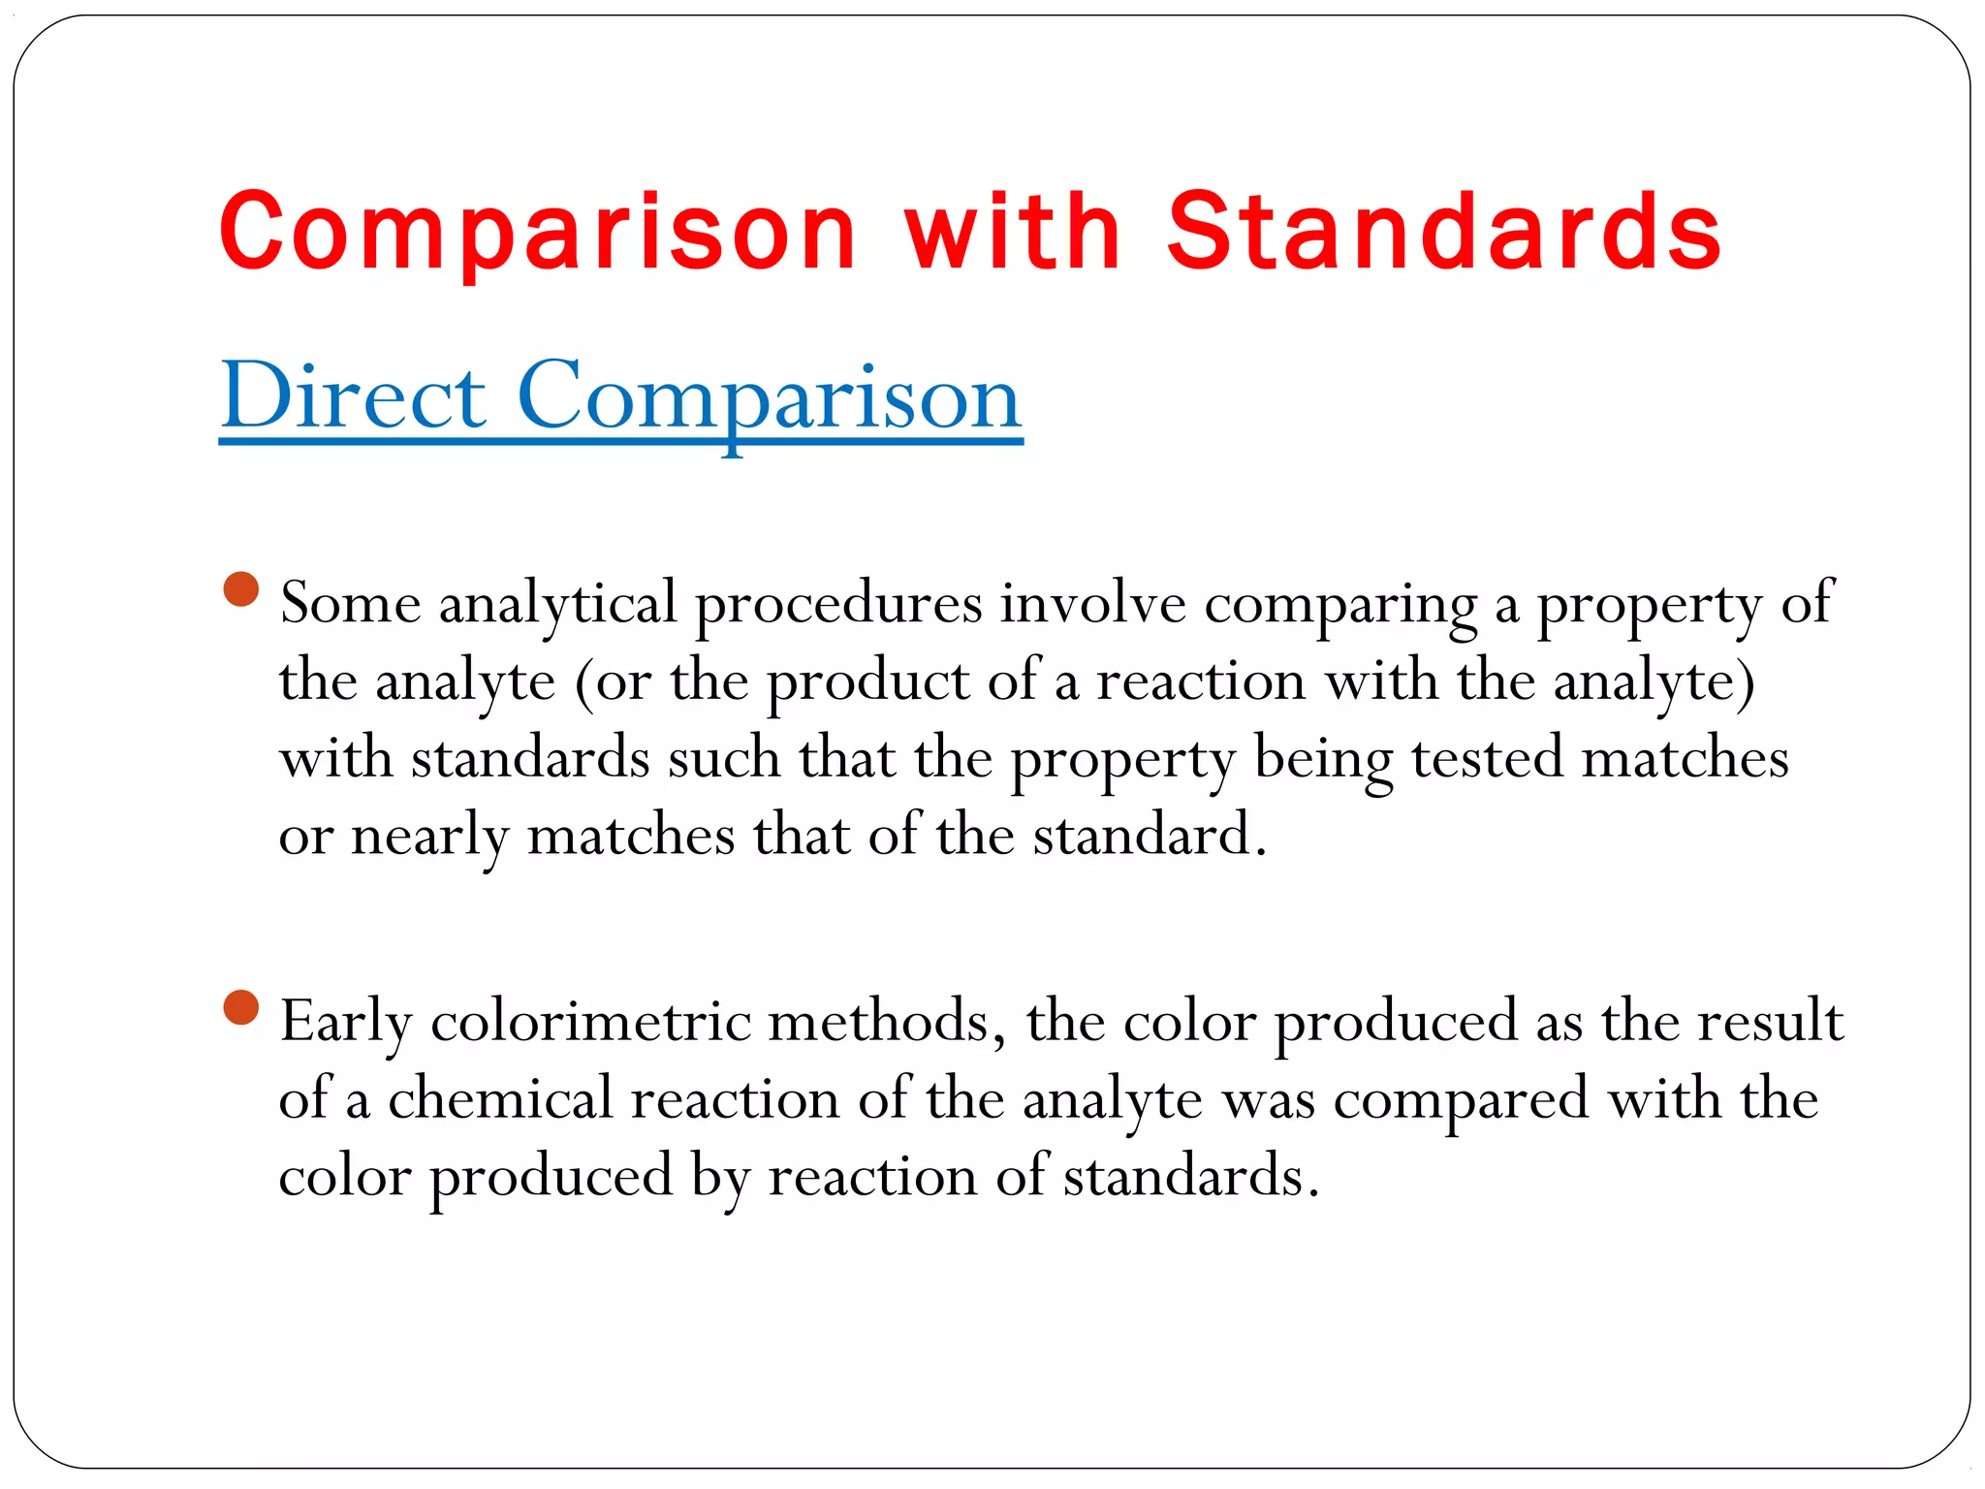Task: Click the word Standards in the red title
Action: (x=1444, y=233)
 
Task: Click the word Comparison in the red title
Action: (x=539, y=233)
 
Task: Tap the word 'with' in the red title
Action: (x=1013, y=233)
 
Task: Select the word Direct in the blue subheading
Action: (x=353, y=396)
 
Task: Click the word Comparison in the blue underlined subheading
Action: (x=770, y=396)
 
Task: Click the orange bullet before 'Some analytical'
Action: (x=240, y=588)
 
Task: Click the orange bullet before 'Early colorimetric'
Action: (x=240, y=1007)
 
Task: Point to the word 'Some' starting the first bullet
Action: (x=350, y=604)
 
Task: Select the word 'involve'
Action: (x=1092, y=604)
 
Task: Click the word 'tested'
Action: (x=1487, y=758)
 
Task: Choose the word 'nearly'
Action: (x=429, y=837)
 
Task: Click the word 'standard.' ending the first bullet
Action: (x=1150, y=835)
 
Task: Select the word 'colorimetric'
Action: (x=590, y=1022)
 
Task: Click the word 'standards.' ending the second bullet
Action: (x=1191, y=1177)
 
